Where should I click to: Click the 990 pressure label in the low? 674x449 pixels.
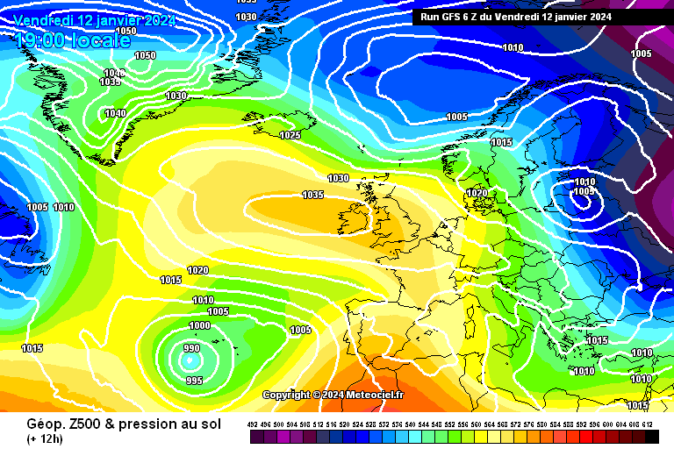pyautogui.click(x=191, y=348)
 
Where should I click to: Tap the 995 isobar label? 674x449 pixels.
pyautogui.click(x=195, y=380)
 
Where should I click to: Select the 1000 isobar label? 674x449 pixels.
pyautogui.click(x=200, y=325)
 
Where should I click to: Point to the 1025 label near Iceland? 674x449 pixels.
pyautogui.click(x=290, y=135)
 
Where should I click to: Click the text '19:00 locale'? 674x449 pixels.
pyautogui.click(x=73, y=39)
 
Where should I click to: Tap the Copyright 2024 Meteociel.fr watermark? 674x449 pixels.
pyautogui.click(x=333, y=395)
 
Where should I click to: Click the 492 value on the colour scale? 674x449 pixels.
pyautogui.click(x=254, y=424)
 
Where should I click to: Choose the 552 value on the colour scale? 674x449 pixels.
pyautogui.click(x=450, y=424)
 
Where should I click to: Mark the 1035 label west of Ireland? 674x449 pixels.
pyautogui.click(x=312, y=195)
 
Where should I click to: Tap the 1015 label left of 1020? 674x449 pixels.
pyautogui.click(x=171, y=280)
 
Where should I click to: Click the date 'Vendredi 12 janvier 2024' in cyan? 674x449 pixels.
pyautogui.click(x=95, y=19)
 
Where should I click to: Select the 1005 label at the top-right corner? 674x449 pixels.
pyautogui.click(x=641, y=53)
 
